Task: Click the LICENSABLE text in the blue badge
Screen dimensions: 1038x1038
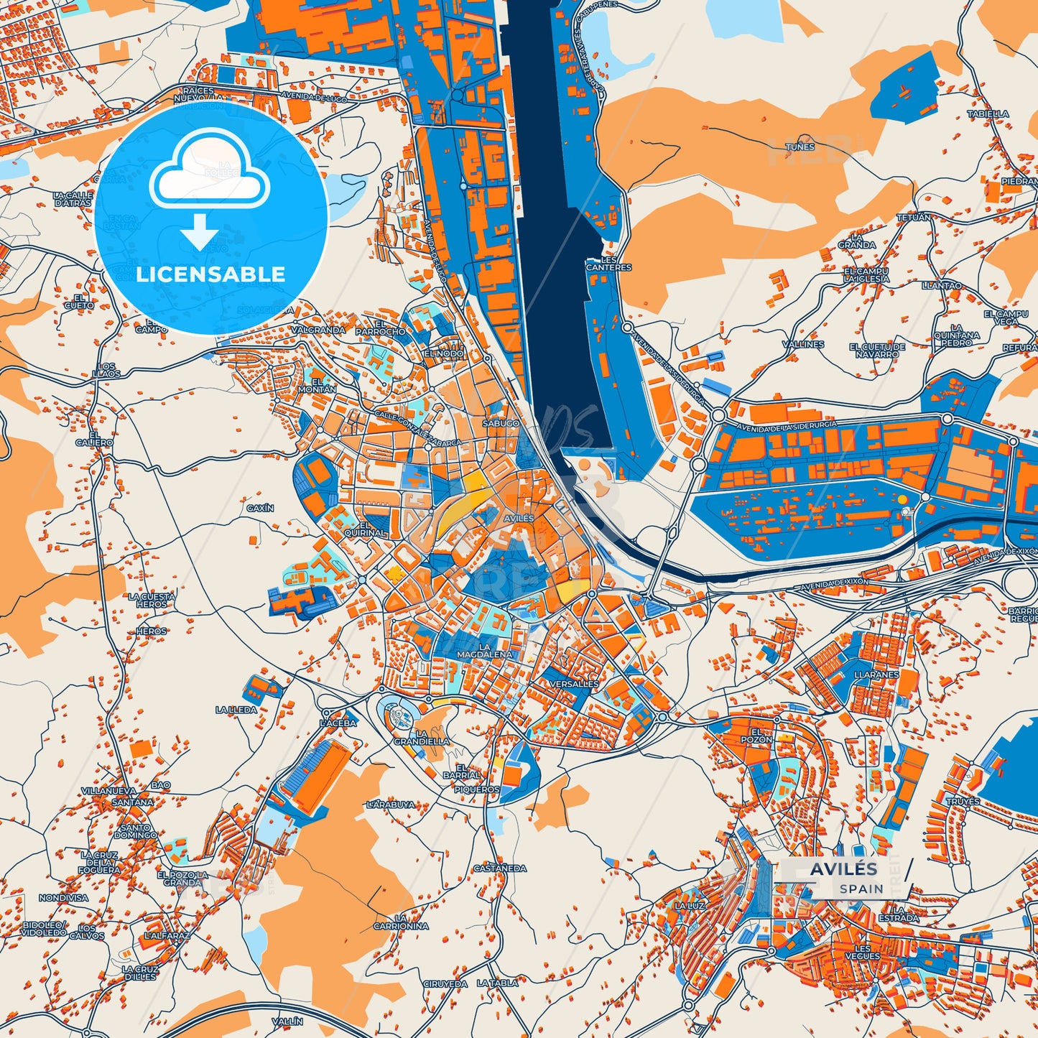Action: pyautogui.click(x=210, y=274)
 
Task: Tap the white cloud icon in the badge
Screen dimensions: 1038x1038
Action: pyautogui.click(x=209, y=173)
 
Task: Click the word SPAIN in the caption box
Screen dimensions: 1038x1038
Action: pyautogui.click(x=862, y=889)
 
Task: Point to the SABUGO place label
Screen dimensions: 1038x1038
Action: pyautogui.click(x=501, y=424)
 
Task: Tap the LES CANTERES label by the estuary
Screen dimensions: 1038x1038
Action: pyautogui.click(x=608, y=264)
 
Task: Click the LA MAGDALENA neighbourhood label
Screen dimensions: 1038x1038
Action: pyautogui.click(x=486, y=651)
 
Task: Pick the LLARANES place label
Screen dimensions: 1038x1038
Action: pyautogui.click(x=876, y=675)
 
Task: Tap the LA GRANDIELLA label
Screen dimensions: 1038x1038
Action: pyautogui.click(x=422, y=737)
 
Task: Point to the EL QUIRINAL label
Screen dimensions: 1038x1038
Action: pyautogui.click(x=365, y=529)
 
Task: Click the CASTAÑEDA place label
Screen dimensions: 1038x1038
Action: pyautogui.click(x=500, y=868)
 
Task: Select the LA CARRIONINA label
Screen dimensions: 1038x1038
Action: pyautogui.click(x=401, y=922)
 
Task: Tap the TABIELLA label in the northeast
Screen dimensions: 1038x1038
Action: pyautogui.click(x=988, y=113)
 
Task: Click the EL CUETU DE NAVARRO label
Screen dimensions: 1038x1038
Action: pyautogui.click(x=877, y=351)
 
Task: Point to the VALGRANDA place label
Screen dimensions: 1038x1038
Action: pyautogui.click(x=318, y=330)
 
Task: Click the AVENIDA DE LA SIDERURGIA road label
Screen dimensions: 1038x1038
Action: pyautogui.click(x=787, y=425)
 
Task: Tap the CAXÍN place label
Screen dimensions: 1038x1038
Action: pyautogui.click(x=260, y=508)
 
